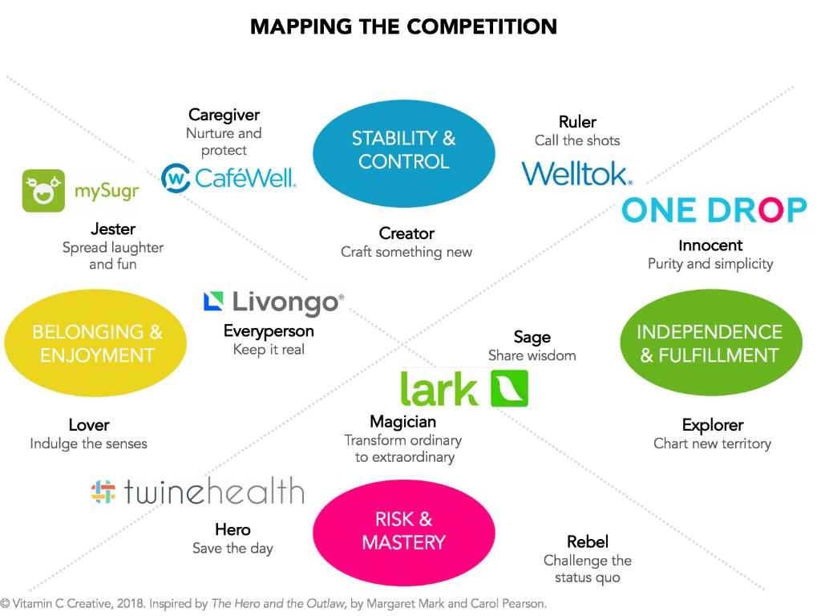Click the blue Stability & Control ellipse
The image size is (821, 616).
tap(403, 150)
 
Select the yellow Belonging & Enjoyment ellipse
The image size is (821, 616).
tap(95, 343)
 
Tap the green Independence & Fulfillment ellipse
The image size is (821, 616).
tap(710, 343)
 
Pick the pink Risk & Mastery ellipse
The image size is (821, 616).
tap(403, 530)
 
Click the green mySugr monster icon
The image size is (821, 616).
tap(43, 191)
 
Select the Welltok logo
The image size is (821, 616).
tap(576, 173)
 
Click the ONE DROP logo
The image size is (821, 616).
tap(714, 209)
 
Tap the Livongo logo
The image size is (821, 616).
tap(273, 302)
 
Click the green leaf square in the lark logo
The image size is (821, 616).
tap(508, 388)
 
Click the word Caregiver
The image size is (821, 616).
tap(224, 115)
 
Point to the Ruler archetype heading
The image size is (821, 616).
tap(577, 122)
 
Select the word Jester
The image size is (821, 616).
tap(112, 229)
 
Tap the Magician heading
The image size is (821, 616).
tap(402, 422)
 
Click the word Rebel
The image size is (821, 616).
tap(587, 542)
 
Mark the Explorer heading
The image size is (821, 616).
tap(712, 425)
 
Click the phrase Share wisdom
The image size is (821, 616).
tap(532, 355)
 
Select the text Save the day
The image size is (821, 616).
tap(233, 549)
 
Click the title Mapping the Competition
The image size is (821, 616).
tap(403, 26)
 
